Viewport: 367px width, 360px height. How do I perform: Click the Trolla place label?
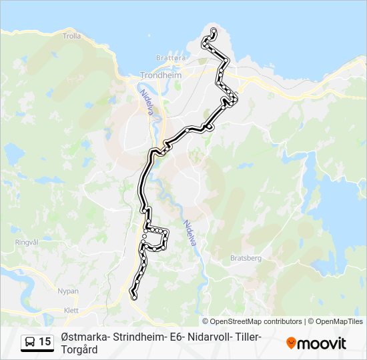pyautogui.click(x=72, y=36)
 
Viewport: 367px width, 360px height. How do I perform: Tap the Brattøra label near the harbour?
pyautogui.click(x=170, y=59)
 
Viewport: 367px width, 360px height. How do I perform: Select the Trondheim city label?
pyautogui.click(x=161, y=75)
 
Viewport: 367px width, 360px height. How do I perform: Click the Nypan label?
pyautogui.click(x=68, y=291)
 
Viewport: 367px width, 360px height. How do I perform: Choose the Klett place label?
pyautogui.click(x=70, y=310)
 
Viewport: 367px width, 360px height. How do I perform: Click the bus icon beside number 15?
pyautogui.click(x=29, y=342)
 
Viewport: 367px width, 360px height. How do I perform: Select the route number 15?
pyautogui.click(x=45, y=342)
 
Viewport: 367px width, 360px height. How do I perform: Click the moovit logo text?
pyautogui.click(x=322, y=343)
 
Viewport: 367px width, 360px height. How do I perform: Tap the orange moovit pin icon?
pyautogui.click(x=292, y=343)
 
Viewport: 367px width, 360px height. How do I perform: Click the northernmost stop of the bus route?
pyautogui.click(x=214, y=31)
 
